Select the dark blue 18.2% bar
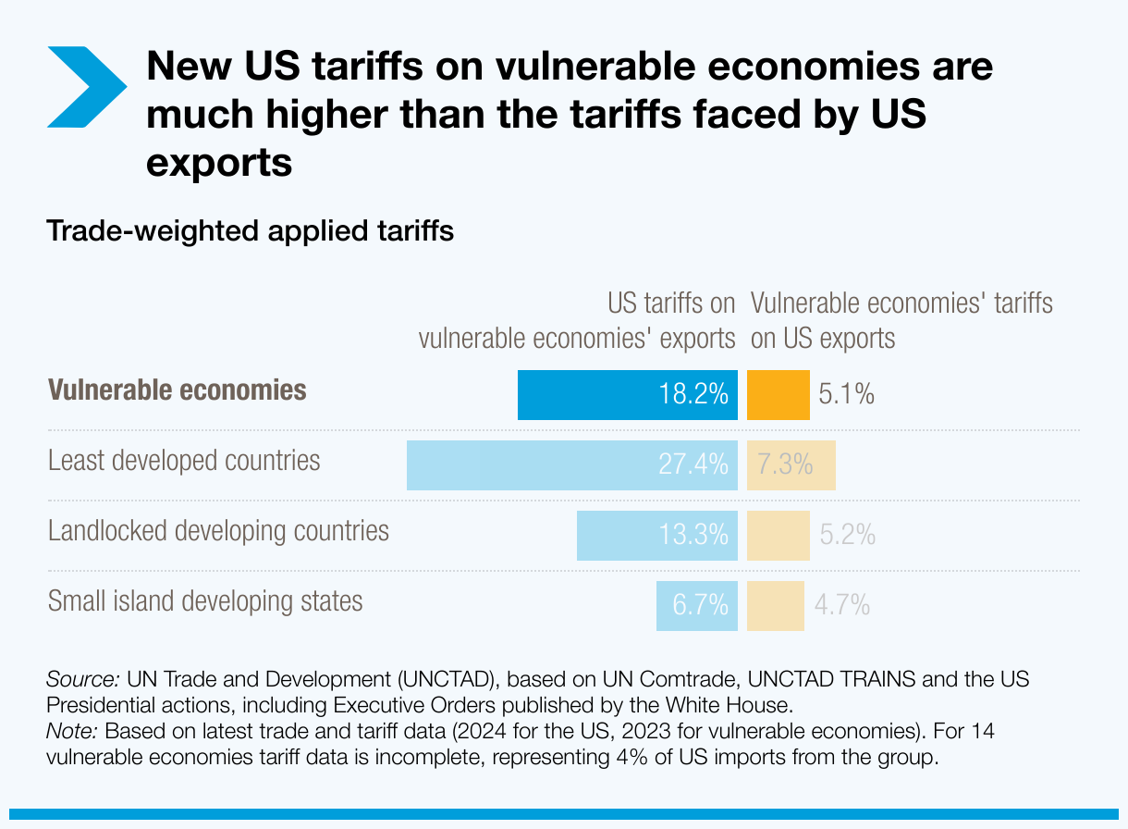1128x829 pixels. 627,395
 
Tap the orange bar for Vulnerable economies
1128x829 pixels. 778,395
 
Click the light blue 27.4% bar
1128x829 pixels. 571,464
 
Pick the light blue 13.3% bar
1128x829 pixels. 656,535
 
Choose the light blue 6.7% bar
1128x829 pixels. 696,605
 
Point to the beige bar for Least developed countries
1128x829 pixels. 791,464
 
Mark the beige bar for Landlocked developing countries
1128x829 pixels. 778,535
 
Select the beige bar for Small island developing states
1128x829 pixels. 775,605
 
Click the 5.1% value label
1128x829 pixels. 846,395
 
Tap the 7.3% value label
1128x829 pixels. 785,464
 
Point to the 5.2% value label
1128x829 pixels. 847,535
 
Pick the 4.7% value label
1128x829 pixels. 841,605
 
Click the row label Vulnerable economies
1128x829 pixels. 177,390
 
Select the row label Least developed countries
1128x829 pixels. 184,460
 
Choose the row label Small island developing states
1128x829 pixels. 205,601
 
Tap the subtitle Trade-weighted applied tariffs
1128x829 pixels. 250,230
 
